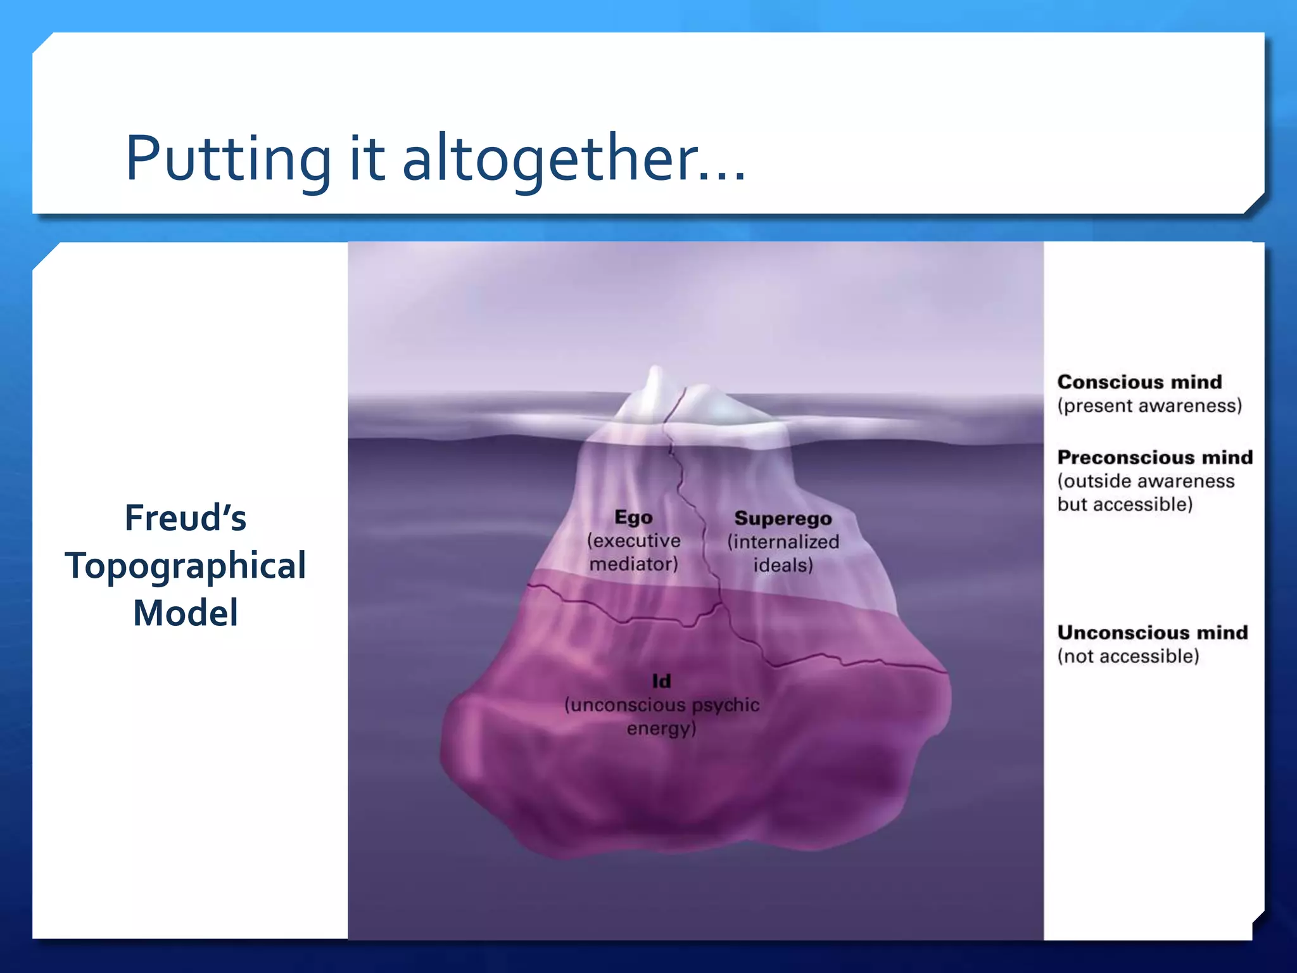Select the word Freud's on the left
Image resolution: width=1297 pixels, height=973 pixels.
coord(185,518)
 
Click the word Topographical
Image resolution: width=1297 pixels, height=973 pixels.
coord(185,566)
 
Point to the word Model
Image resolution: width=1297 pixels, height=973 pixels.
coord(185,613)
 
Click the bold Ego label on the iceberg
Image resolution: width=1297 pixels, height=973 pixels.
coord(633,518)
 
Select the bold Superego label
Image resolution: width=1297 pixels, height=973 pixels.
coord(783,518)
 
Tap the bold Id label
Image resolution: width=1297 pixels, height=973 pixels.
coord(661,681)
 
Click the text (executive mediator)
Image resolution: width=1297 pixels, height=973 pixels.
coord(633,552)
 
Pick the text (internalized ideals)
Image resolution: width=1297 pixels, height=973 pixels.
coord(783,553)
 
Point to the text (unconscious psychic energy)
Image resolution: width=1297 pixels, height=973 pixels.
coord(661,716)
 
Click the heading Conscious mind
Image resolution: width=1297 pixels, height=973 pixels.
coord(1139,382)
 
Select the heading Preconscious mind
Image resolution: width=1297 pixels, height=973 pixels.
coord(1155,457)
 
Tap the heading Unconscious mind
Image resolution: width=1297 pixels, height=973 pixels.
coord(1152,632)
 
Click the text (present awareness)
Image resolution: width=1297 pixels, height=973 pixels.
coord(1149,405)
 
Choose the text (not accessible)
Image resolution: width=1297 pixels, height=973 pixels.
coord(1128,656)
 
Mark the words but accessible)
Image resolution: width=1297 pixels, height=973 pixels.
coord(1125,504)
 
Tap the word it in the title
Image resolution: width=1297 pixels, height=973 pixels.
coord(367,158)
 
